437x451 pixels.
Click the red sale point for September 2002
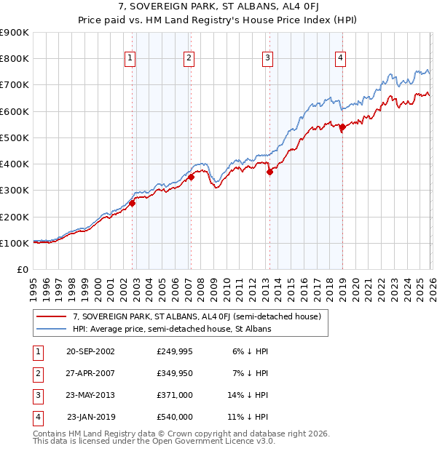coord(133,204)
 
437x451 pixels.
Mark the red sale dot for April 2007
coord(191,177)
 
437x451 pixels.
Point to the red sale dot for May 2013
coord(269,172)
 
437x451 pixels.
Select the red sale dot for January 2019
coord(342,127)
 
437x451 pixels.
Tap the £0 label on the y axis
coord(23,269)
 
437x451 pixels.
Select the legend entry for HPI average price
coord(172,329)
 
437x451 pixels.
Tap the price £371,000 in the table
coord(175,394)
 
